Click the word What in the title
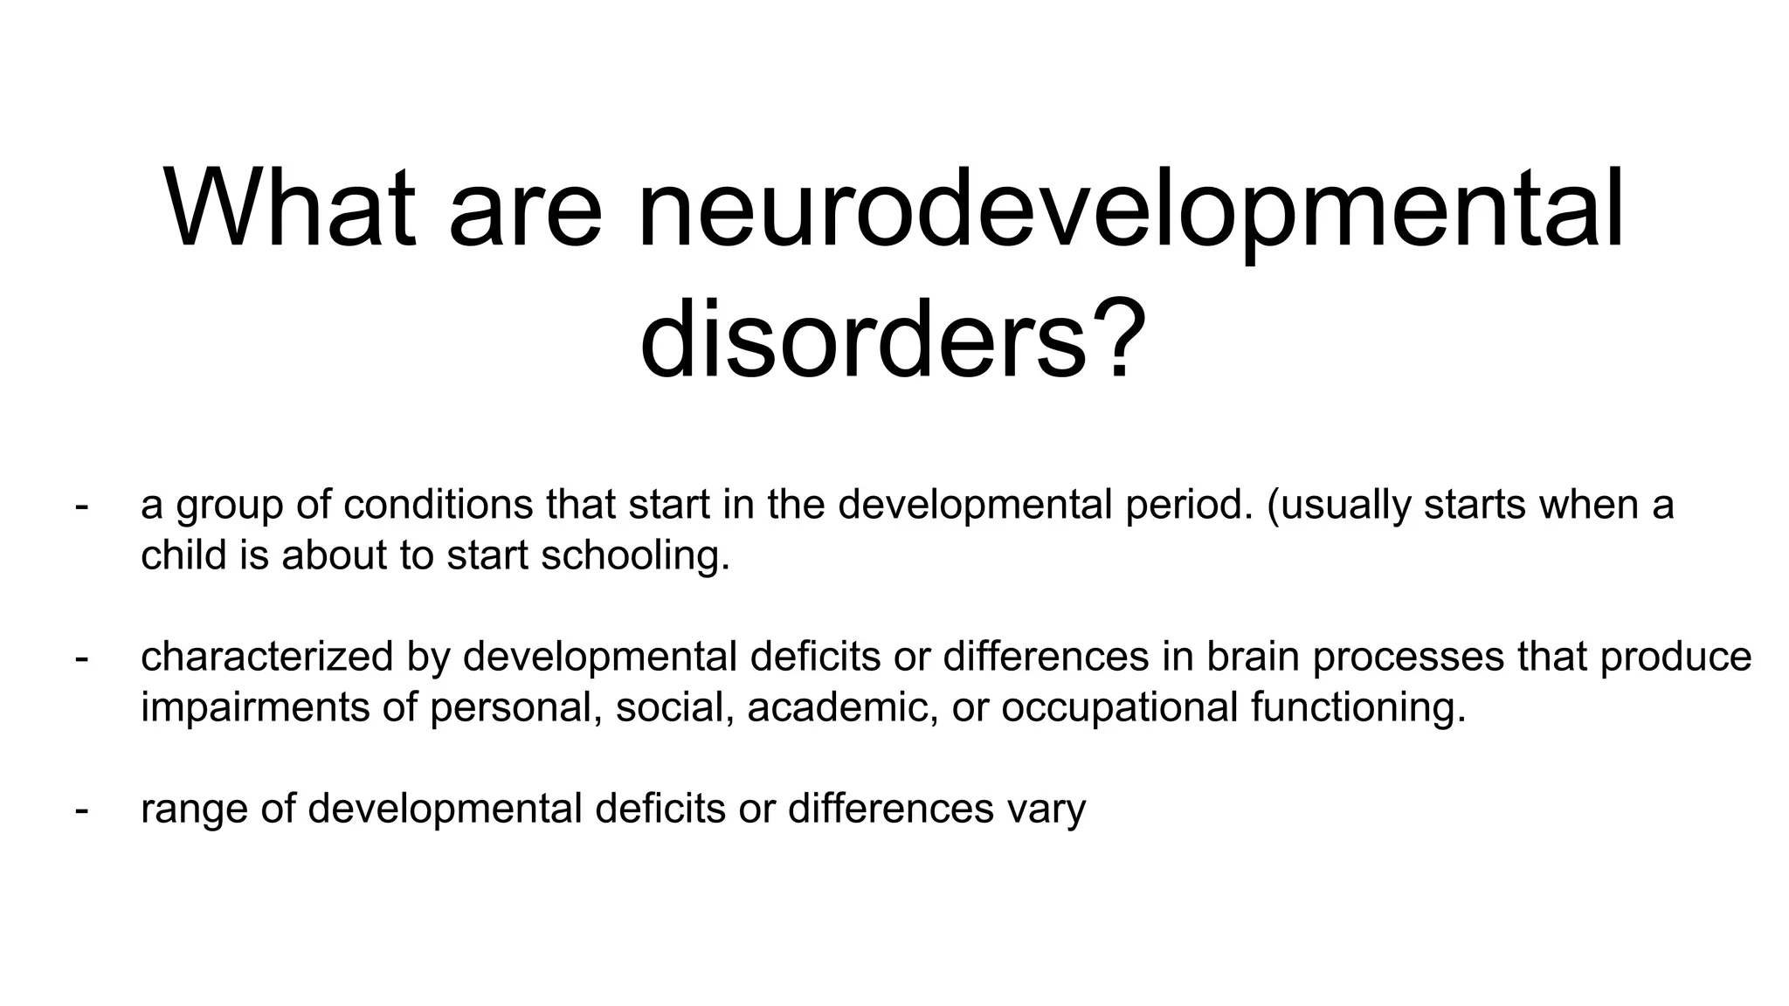(289, 210)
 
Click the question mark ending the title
(1121, 340)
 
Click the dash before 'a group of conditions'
(82, 506)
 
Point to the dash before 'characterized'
(82, 658)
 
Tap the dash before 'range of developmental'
(82, 810)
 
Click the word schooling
(634, 555)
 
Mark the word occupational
(1119, 707)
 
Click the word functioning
(1357, 707)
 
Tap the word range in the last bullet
(193, 810)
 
